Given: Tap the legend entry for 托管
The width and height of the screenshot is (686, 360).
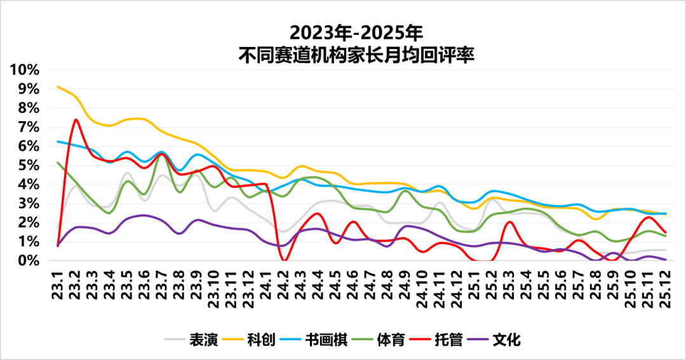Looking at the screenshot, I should click(448, 340).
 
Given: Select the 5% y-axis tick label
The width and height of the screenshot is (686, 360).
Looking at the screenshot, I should click(30, 165).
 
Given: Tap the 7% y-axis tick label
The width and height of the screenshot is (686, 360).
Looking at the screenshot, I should click(30, 127).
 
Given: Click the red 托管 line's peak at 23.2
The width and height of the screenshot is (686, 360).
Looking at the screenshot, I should click(76, 119).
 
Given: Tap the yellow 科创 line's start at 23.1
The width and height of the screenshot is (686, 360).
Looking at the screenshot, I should click(58, 87).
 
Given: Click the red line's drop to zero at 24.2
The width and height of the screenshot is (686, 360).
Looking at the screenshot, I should click(285, 260).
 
